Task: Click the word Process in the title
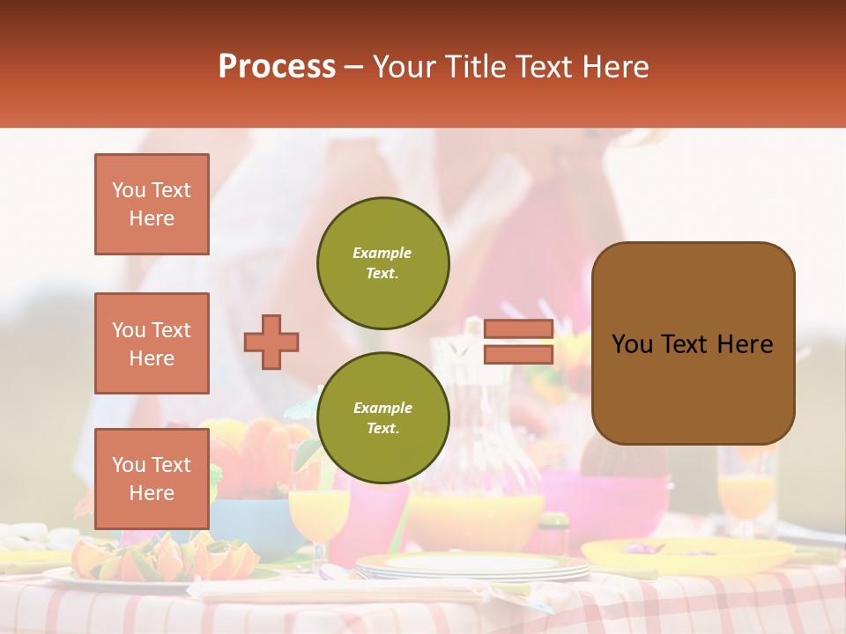(x=277, y=66)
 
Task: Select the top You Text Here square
(x=152, y=204)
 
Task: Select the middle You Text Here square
(x=152, y=343)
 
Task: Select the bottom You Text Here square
(x=152, y=478)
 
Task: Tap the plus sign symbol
(x=271, y=342)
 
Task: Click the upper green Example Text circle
(x=383, y=263)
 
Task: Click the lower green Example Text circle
(x=383, y=418)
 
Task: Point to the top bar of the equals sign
(x=519, y=328)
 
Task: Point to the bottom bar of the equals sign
(x=519, y=354)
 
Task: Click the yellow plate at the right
(x=687, y=555)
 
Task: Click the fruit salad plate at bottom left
(x=159, y=564)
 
